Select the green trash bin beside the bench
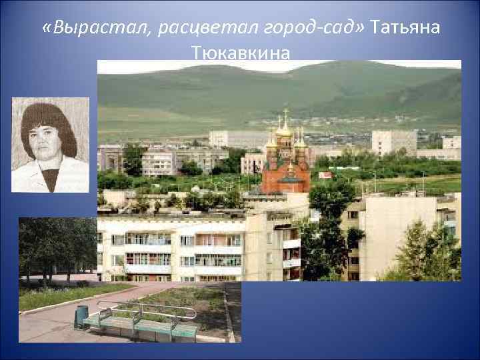pyautogui.click(x=81, y=317)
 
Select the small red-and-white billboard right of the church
pyautogui.click(x=325, y=175)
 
